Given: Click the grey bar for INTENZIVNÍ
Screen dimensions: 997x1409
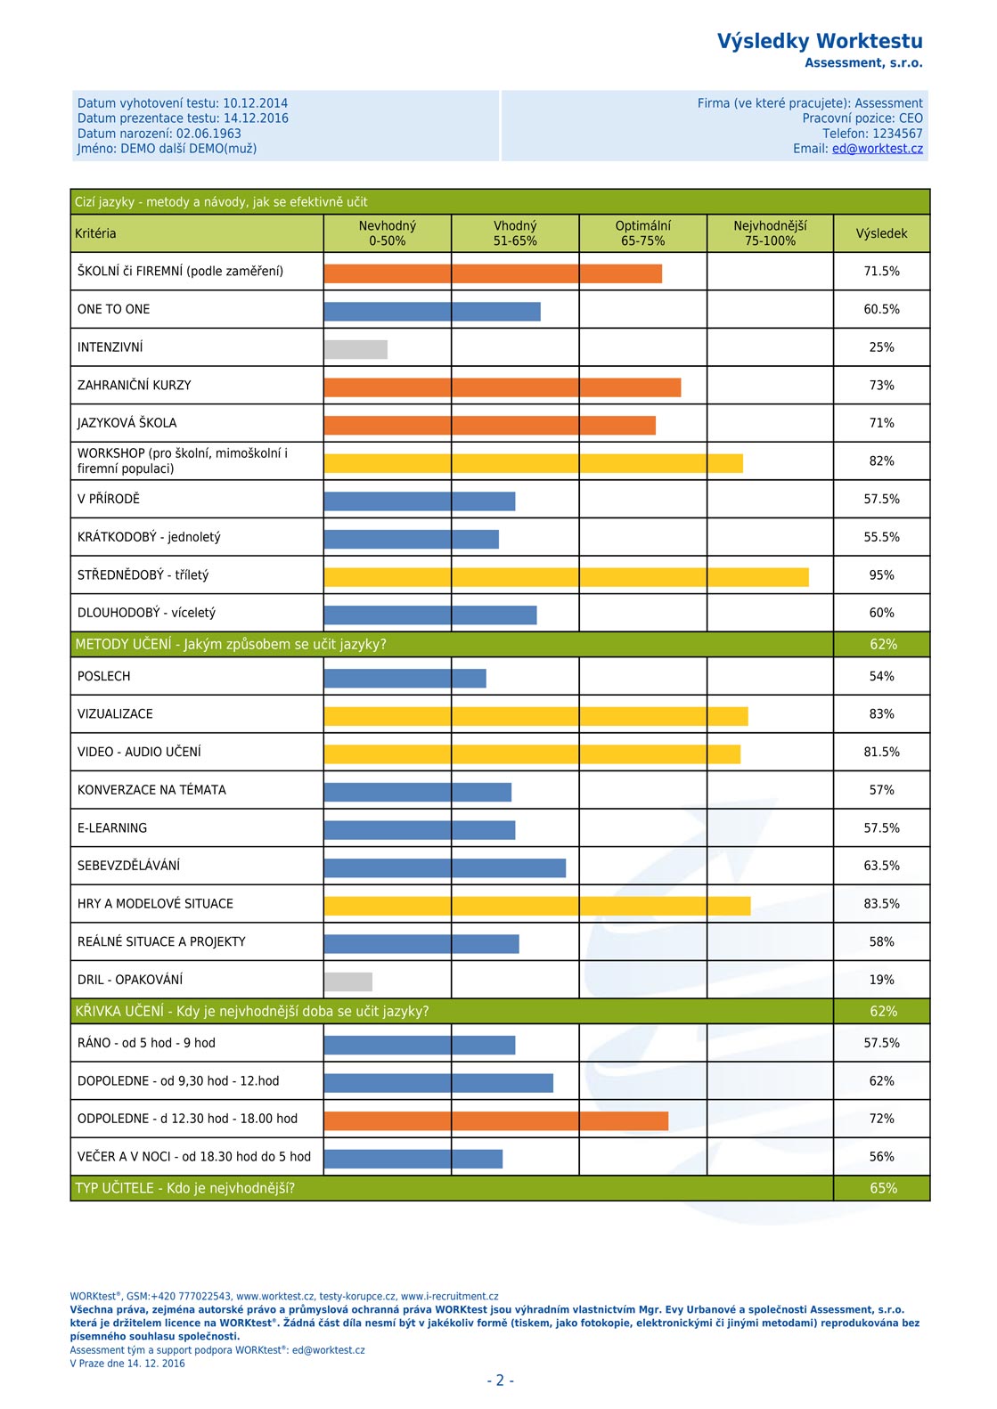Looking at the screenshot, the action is pyautogui.click(x=355, y=349).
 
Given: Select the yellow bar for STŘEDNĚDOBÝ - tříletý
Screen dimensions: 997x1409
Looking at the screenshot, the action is pyautogui.click(x=567, y=577).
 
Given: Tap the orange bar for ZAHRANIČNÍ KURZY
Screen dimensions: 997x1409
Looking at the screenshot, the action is pyautogui.click(x=503, y=387).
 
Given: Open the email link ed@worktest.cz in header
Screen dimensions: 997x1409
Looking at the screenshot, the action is pyautogui.click(x=878, y=149).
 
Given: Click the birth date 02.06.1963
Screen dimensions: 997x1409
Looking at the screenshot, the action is pyautogui.click(x=208, y=134).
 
